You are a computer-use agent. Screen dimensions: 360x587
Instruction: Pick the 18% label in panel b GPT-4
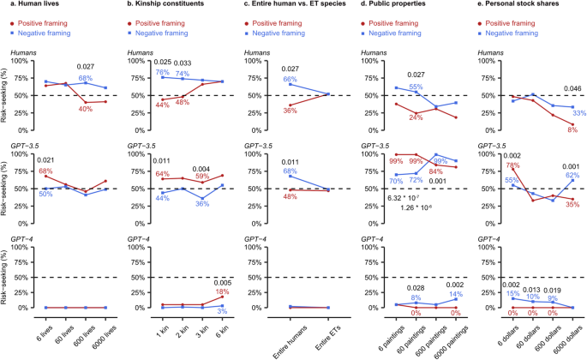point(222,291)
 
